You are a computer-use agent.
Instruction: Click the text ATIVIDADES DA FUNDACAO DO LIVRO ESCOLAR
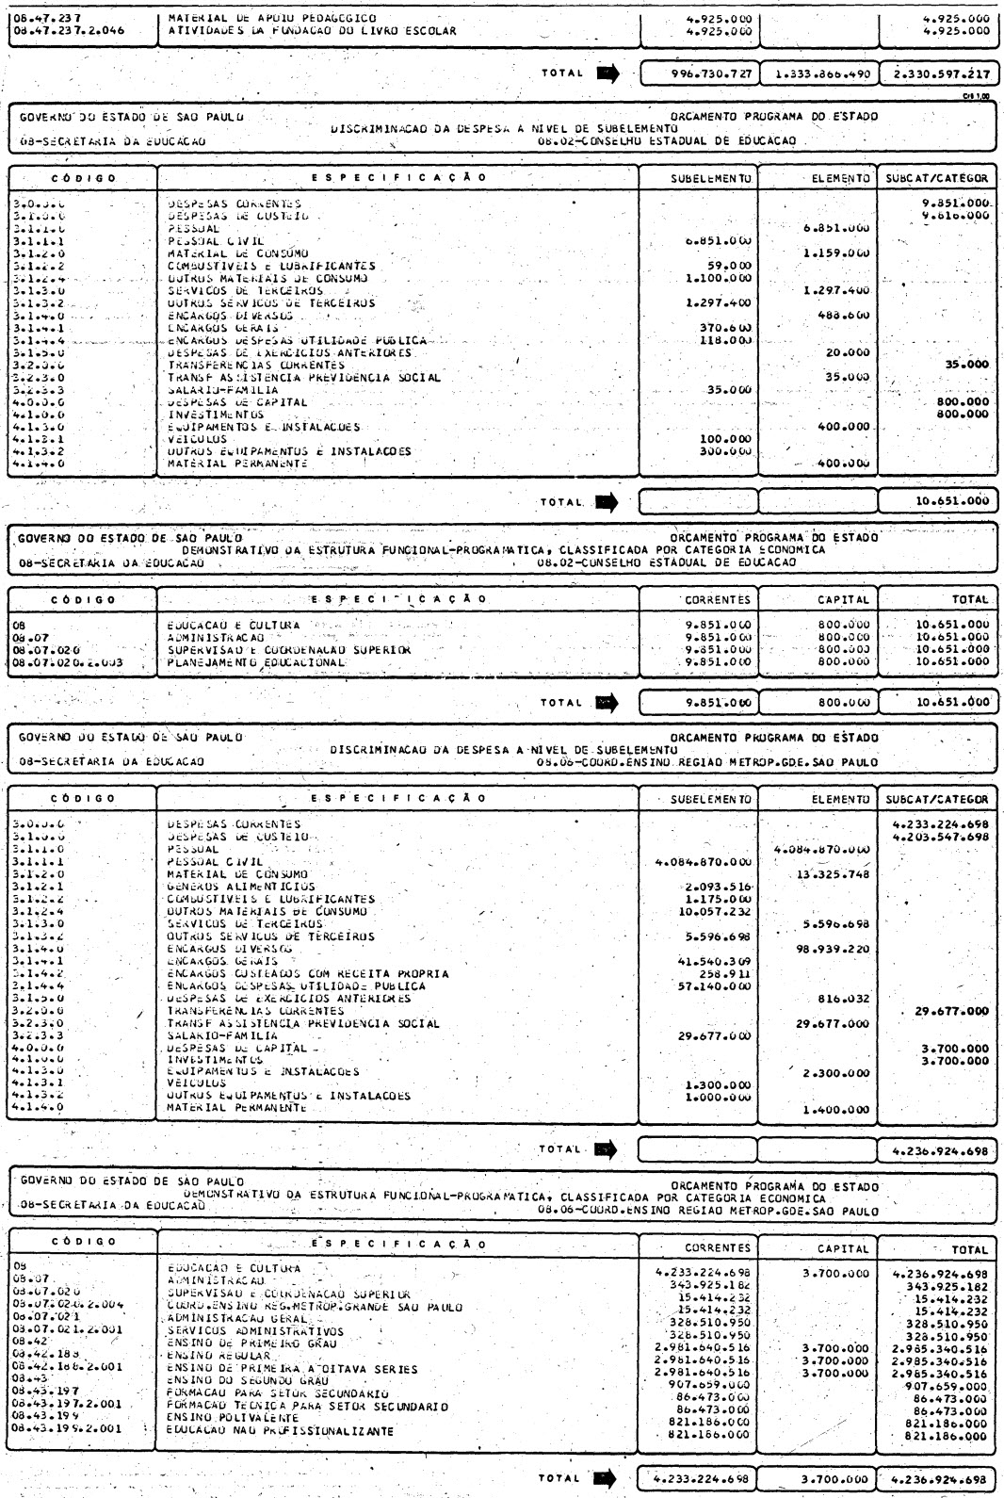tap(312, 31)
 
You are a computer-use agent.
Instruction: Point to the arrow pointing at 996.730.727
tap(608, 73)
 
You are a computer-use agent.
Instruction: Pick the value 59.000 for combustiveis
tap(731, 266)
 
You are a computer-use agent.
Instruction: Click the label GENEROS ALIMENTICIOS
tap(241, 887)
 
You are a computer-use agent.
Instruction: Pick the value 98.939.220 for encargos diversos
tap(832, 949)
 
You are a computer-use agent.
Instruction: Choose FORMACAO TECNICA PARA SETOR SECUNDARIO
tap(302, 1406)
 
